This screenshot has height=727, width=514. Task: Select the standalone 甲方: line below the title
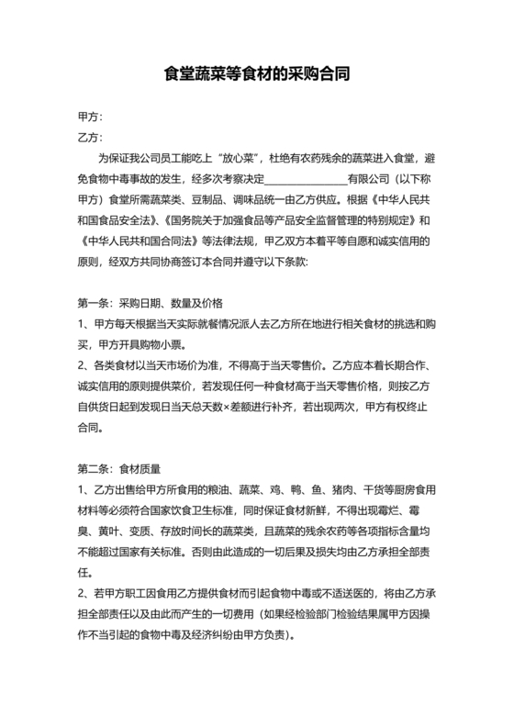pos(90,117)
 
